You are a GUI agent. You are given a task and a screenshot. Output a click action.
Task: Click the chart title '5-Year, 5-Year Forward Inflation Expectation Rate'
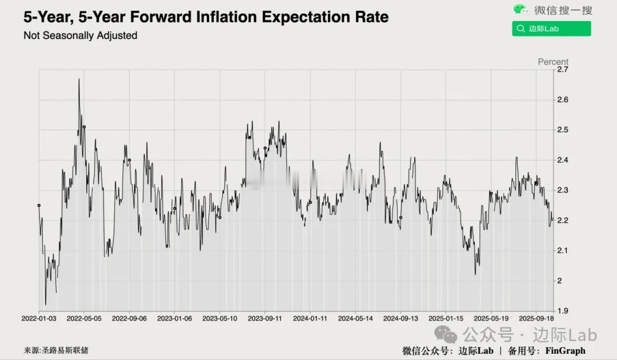pos(206,17)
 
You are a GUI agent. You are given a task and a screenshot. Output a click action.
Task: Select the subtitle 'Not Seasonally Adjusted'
pos(80,35)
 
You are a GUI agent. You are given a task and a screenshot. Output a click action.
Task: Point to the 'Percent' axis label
pos(553,62)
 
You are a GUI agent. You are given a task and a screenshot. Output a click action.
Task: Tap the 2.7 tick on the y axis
pos(562,70)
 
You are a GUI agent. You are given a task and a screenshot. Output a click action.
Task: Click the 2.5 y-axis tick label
pos(562,130)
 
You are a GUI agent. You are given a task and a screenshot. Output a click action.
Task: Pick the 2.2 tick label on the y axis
pos(562,220)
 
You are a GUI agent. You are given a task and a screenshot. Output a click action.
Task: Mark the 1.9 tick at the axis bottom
pos(562,310)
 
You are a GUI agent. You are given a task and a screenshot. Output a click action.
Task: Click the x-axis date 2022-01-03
pos(39,318)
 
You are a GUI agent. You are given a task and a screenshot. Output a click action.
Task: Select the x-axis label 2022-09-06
pos(129,318)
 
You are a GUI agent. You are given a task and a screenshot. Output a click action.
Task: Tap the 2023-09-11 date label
pos(265,318)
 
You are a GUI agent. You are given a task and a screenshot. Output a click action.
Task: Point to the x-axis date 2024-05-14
pos(355,318)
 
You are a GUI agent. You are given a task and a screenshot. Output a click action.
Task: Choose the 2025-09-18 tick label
pos(536,318)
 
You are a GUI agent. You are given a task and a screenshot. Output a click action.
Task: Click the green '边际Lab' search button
pos(551,29)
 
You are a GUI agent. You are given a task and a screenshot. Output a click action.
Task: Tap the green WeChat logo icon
pos(520,9)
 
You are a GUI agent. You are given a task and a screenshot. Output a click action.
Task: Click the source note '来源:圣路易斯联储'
pos(56,350)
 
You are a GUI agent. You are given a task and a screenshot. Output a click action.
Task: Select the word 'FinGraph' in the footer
pos(565,351)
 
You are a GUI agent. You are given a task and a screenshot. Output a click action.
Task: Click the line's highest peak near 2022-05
pos(79,79)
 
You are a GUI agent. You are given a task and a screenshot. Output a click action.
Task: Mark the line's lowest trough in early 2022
pos(46,305)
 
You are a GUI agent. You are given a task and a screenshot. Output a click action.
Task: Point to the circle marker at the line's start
pos(39,205)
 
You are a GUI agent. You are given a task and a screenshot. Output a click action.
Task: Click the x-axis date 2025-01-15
pos(446,318)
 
